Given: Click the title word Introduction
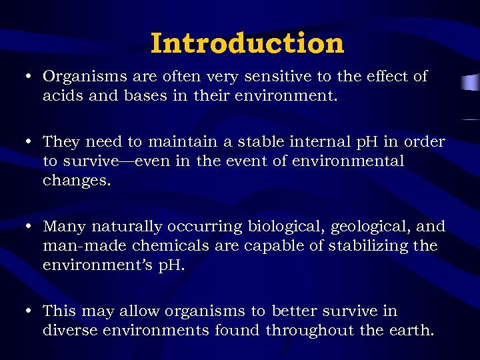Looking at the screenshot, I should (247, 43).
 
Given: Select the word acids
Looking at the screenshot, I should (62, 95).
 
